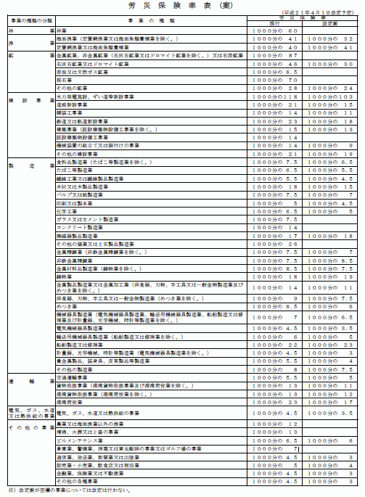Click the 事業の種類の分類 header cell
coord(28,22)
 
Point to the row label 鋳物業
coord(65,276)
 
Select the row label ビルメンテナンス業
coord(75,440)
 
